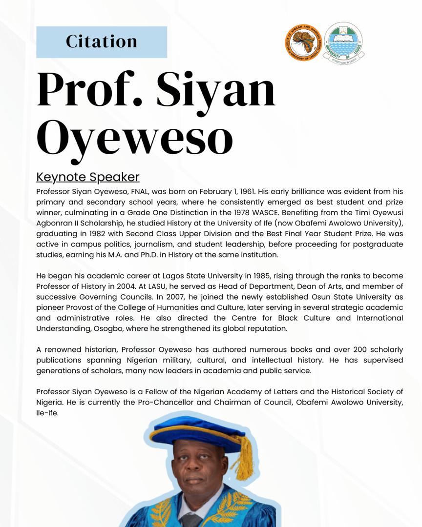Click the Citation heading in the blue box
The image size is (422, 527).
[x=102, y=41]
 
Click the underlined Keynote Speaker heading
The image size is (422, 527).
[x=88, y=177]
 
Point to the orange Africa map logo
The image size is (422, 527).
[x=303, y=42]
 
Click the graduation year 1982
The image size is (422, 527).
[x=100, y=234]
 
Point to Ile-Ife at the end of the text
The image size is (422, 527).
[x=47, y=413]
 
